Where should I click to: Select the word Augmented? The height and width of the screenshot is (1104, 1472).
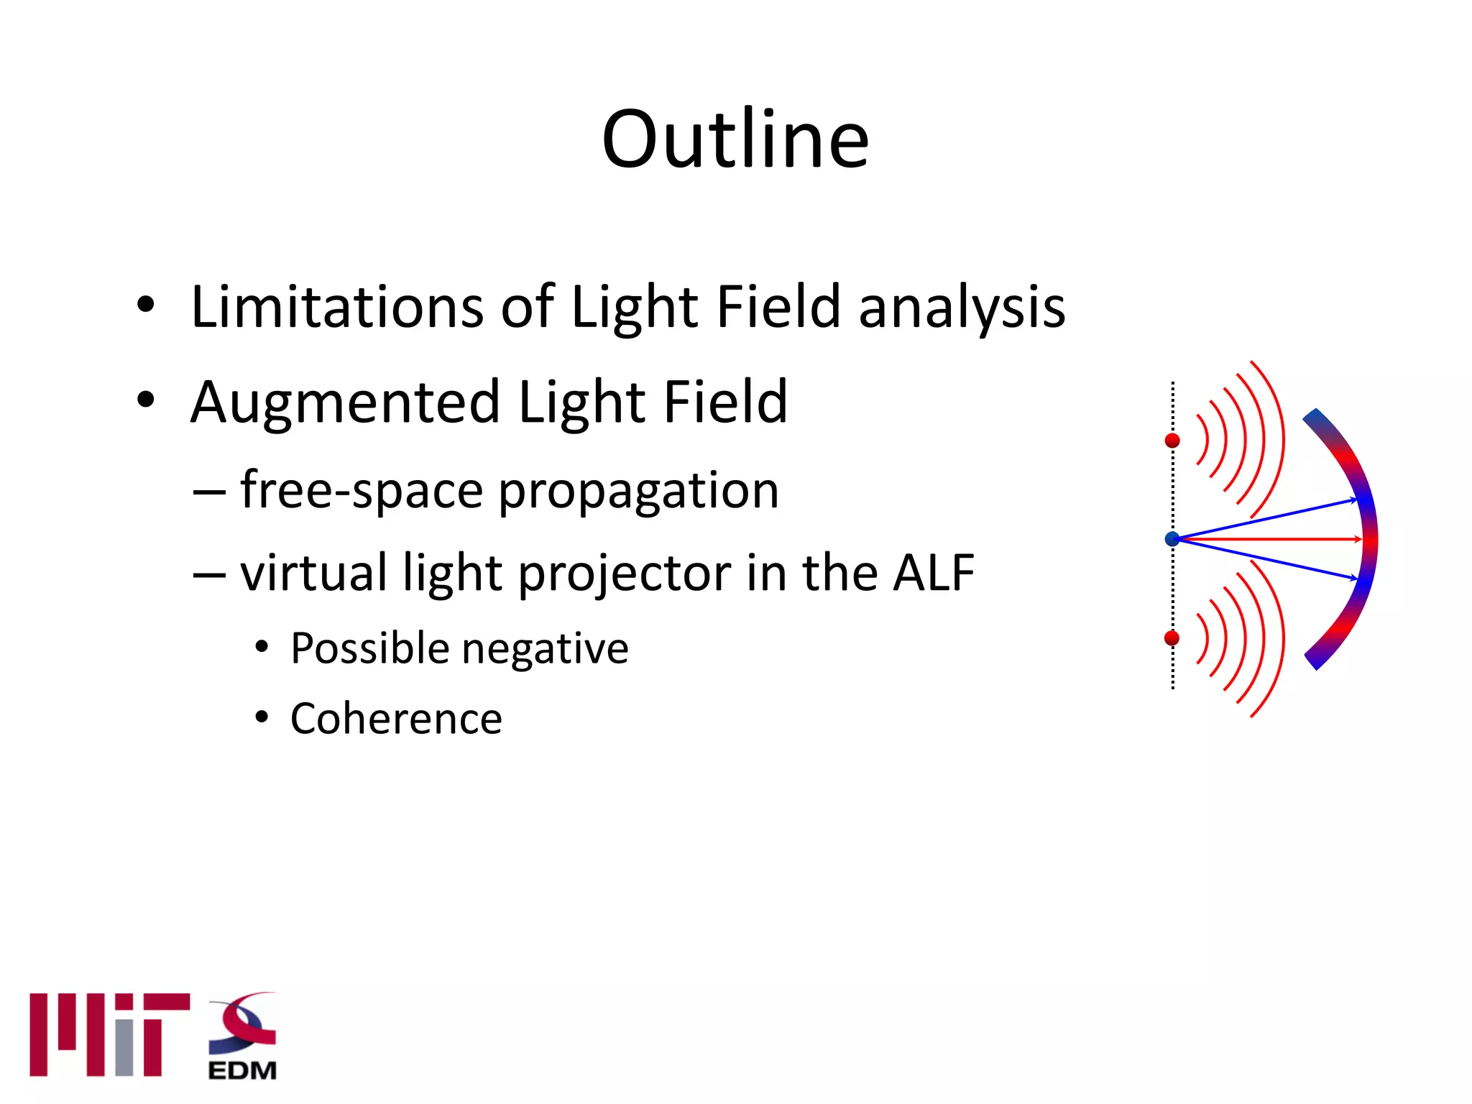click(345, 403)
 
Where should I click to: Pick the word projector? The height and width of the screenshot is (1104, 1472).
click(624, 574)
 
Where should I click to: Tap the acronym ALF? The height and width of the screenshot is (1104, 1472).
click(933, 573)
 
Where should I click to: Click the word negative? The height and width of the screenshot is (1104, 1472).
click(545, 650)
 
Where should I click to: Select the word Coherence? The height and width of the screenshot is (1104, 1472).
click(396, 719)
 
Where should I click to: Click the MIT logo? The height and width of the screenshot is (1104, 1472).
click(109, 1034)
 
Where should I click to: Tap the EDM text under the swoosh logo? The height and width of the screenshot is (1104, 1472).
click(242, 1070)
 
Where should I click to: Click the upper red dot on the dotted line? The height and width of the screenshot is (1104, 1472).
click(1172, 440)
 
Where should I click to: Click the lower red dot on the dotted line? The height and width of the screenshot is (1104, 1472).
click(1172, 638)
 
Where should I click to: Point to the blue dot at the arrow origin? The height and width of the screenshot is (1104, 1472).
click(1172, 539)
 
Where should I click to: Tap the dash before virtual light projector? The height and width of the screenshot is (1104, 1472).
click(209, 574)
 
